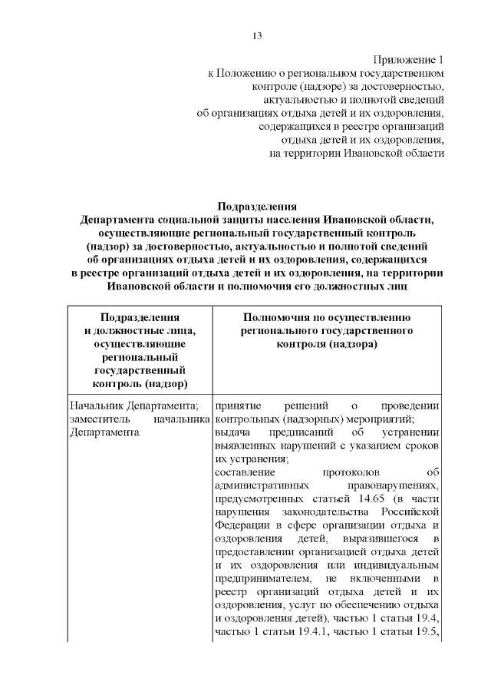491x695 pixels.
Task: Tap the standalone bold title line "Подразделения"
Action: point(257,206)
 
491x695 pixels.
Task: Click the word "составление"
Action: point(245,472)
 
